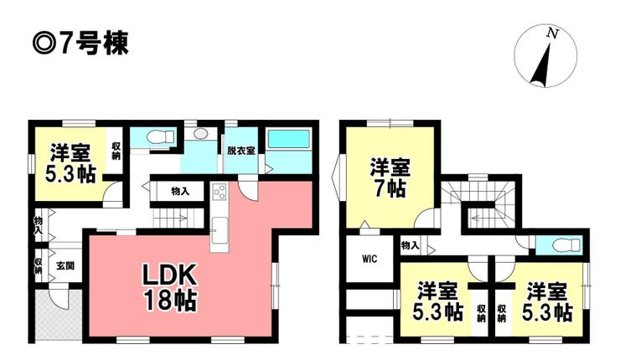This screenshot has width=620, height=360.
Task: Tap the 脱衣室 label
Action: coord(240,151)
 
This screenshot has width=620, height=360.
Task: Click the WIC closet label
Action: coord(369,259)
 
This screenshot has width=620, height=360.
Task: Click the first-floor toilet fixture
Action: coord(158,137)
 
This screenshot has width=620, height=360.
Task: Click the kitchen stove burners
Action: coord(219,192)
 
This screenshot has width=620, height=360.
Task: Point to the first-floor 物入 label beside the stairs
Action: coord(180,191)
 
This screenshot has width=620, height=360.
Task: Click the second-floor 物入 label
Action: coord(410,246)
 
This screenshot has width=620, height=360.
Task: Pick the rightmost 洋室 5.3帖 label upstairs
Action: coord(548,303)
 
